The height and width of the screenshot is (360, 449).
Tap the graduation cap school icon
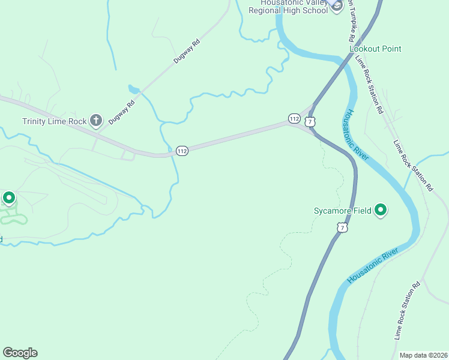336,6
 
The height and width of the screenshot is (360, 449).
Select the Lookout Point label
375,49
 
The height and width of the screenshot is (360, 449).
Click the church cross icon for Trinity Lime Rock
95,121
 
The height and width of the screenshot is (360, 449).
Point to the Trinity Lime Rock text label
55,121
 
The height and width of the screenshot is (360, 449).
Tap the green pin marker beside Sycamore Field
380,210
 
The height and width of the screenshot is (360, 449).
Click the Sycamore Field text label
342,211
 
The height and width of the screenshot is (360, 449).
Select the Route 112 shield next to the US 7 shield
294,118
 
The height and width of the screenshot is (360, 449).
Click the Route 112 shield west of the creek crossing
182,151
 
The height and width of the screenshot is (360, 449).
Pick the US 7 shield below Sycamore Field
342,227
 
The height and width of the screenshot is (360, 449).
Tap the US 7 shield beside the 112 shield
310,122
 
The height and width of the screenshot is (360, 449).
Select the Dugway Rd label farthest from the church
186,52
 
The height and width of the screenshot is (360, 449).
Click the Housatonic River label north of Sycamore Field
358,135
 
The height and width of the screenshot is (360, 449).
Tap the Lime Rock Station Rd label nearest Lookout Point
369,83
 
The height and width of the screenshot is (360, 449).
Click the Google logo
20,353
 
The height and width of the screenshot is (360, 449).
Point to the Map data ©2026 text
423,355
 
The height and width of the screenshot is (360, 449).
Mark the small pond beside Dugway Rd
133,89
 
